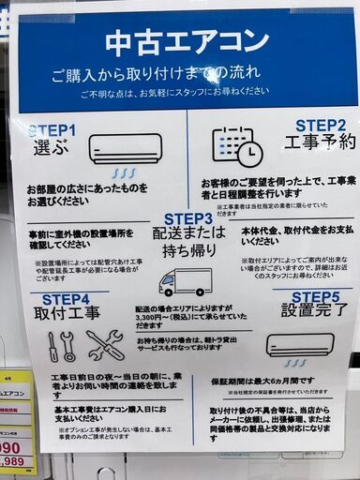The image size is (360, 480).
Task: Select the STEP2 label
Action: pos(321,125)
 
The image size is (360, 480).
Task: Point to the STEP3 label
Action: pos(194,217)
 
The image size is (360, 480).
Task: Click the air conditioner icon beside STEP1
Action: pos(126,150)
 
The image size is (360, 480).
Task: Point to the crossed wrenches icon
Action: pos(104,345)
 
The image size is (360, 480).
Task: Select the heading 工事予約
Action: pos(320,142)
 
